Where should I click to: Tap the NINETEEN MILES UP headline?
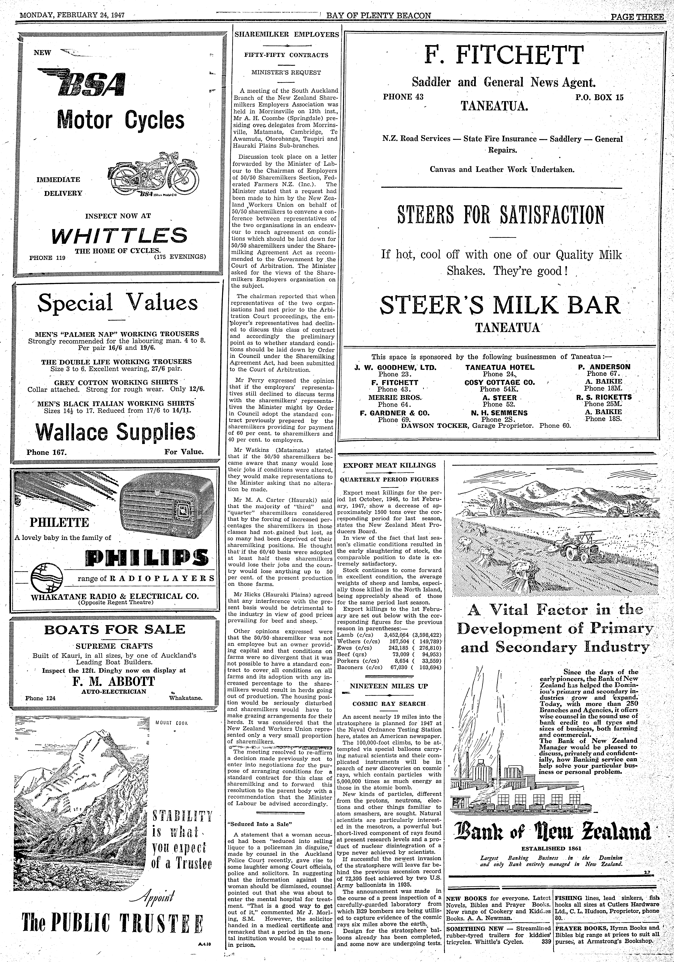click(389, 686)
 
